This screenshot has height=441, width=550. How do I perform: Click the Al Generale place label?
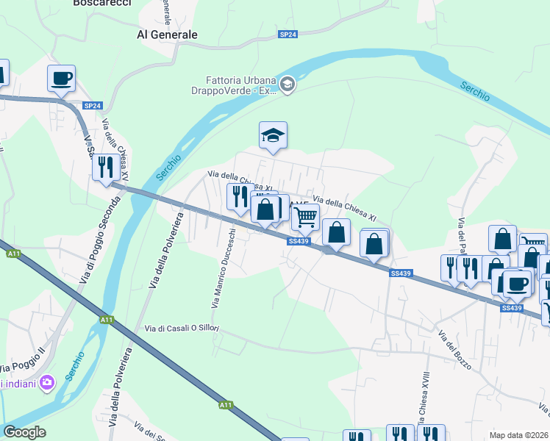pyautogui.click(x=168, y=35)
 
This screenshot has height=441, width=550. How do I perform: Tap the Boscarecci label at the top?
pyautogui.click(x=102, y=4)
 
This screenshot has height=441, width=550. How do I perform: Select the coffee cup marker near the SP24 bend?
pyautogui.click(x=61, y=78)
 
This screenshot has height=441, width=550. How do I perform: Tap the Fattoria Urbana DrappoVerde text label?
pyautogui.click(x=240, y=85)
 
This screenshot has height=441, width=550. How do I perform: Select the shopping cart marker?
pyautogui.click(x=305, y=217)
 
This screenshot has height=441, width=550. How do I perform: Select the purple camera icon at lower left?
pyautogui.click(x=48, y=381)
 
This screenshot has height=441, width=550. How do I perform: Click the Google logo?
pyautogui.click(x=24, y=432)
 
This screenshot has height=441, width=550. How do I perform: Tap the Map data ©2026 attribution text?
pyautogui.click(x=518, y=435)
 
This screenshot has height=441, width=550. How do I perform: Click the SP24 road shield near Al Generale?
pyautogui.click(x=287, y=35)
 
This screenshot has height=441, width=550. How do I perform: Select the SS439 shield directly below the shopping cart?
pyautogui.click(x=299, y=241)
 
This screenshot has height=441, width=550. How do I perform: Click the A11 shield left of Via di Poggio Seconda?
pyautogui.click(x=14, y=254)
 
